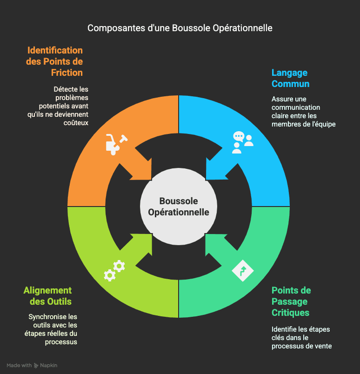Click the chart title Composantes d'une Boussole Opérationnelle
180,28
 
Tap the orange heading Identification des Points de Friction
54,61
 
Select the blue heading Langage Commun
290,78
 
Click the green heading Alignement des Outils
48,296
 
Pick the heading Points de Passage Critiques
291,301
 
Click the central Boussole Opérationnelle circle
179,207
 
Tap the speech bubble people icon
243,142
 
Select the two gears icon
114,271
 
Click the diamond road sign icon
243,271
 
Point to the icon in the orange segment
116,144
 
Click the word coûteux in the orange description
76,123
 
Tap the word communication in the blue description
296,107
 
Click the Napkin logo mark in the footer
36,366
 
